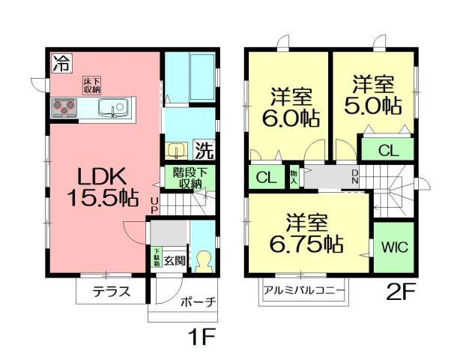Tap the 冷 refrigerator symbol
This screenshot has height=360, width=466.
point(59,63)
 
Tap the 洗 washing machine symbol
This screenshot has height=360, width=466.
point(204,150)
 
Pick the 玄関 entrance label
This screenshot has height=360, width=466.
point(175,260)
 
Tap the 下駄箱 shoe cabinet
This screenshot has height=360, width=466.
point(157,256)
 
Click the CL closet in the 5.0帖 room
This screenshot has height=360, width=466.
point(388,149)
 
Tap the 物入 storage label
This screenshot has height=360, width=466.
point(294,177)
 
